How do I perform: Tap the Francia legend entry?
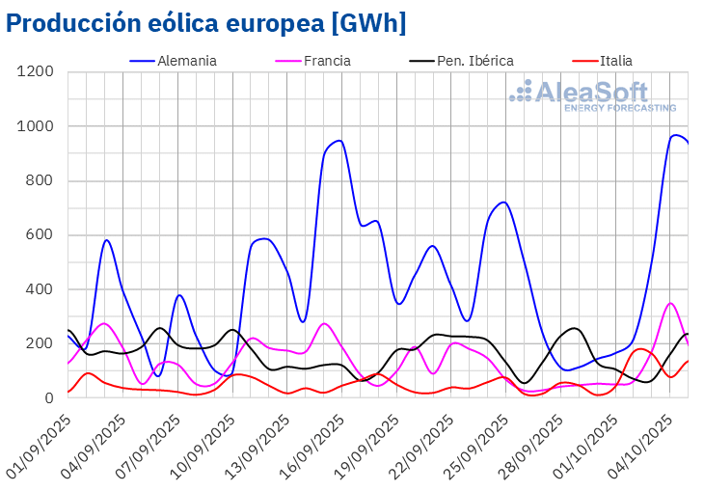point(326,61)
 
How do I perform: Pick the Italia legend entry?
point(615,61)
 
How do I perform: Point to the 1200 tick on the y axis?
point(35,72)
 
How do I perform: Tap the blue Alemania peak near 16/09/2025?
point(338,141)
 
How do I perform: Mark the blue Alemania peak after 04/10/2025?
point(676,135)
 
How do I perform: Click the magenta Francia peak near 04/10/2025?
point(671,303)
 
